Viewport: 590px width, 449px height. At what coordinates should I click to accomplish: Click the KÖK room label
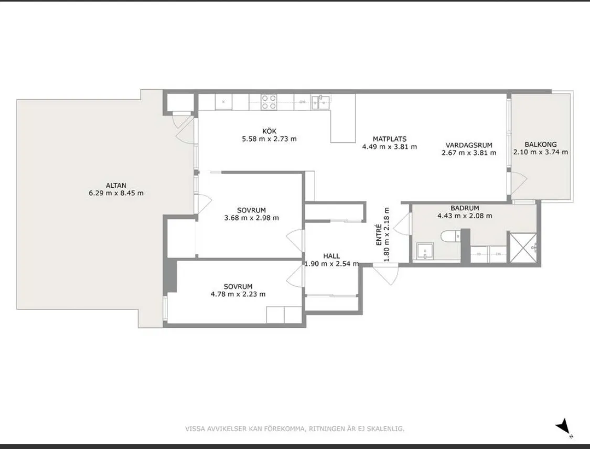pos(270,131)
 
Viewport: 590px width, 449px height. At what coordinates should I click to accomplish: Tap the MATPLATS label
pos(390,139)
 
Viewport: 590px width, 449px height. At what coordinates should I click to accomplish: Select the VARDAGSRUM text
pos(469,145)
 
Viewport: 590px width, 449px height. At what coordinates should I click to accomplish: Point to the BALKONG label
pos(541,144)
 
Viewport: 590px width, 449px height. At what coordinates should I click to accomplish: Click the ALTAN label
pos(116,185)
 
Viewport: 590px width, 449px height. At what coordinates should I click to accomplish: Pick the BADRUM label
pos(465,208)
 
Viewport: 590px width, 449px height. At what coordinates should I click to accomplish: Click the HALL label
pos(331,256)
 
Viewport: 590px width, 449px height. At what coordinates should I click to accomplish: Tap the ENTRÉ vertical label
pos(379,235)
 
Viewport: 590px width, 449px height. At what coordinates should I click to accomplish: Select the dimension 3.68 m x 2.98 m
pos(252,218)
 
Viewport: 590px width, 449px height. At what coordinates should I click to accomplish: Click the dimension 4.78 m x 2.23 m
pos(238,294)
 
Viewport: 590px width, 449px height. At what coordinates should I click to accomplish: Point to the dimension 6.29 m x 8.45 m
pos(116,193)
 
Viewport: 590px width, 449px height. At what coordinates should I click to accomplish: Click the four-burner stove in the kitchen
pos(269,102)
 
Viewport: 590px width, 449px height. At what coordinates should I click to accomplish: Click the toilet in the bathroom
pos(450,236)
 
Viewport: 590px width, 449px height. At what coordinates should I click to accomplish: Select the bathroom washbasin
pos(425,251)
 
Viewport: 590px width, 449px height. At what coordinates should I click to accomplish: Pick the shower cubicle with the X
pos(522,248)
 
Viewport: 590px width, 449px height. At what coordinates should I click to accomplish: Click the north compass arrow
pos(563,427)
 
